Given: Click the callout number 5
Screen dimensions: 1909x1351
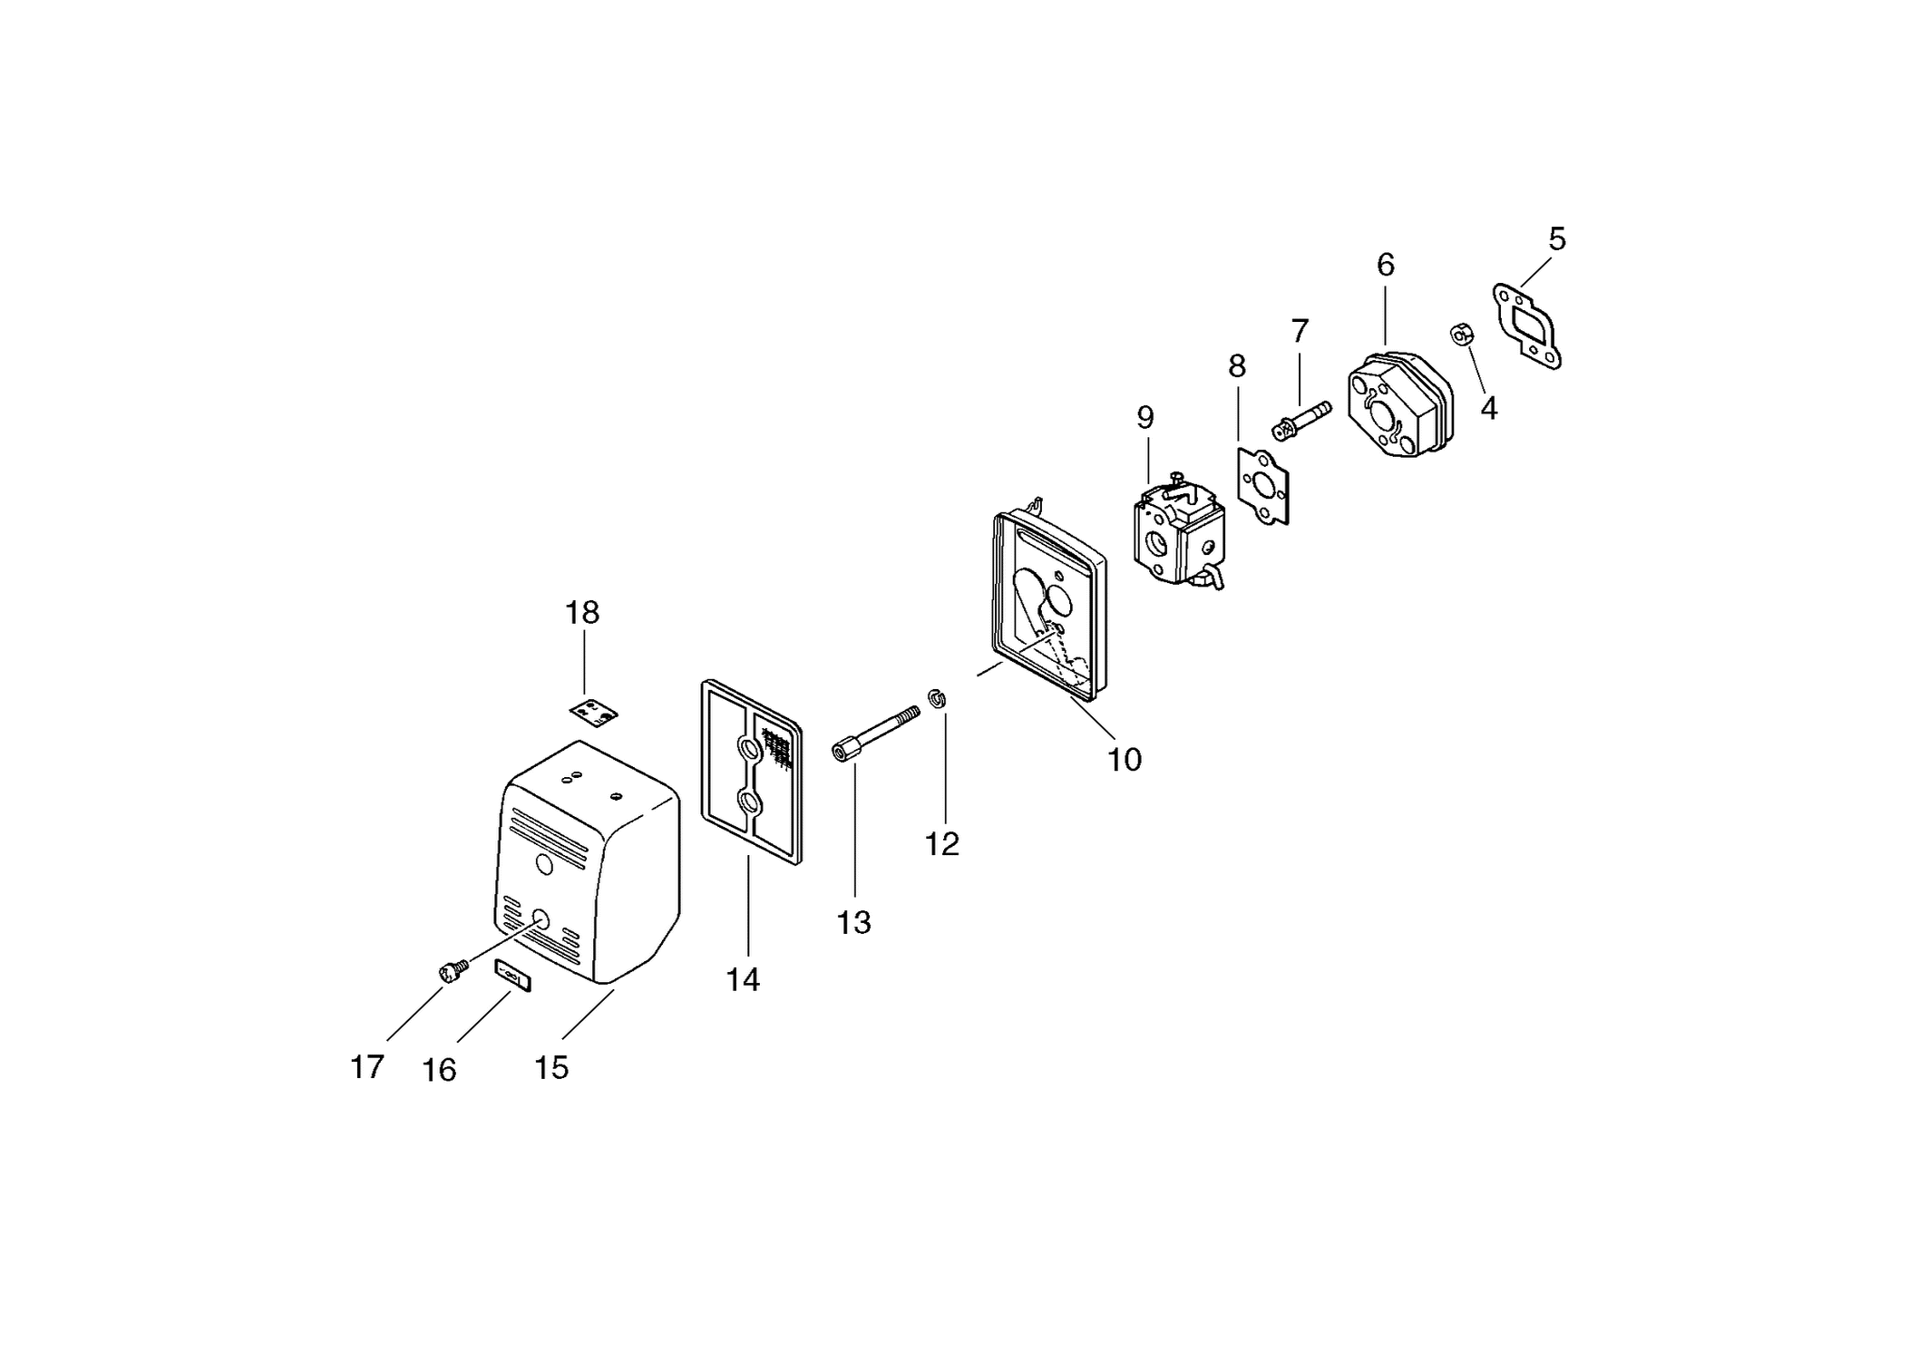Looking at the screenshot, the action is (x=1556, y=239).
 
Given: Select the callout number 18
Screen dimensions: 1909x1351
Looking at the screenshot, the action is (x=582, y=613).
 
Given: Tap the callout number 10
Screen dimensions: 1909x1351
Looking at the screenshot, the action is (x=1125, y=760).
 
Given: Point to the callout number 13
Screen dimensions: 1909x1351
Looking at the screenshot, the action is (x=853, y=923).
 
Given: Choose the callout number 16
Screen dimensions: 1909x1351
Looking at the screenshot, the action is (x=439, y=1071).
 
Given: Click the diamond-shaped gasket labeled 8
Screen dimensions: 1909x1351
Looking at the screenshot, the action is (x=1263, y=484).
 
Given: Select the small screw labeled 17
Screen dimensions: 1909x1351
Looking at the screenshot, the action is (x=453, y=971).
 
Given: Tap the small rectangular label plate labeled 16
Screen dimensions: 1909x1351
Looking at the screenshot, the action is (x=513, y=977).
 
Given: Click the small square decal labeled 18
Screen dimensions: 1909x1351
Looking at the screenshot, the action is (x=594, y=712).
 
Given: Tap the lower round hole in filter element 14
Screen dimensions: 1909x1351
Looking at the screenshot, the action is (x=750, y=802).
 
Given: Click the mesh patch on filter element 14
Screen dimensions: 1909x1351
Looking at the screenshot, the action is (x=777, y=748).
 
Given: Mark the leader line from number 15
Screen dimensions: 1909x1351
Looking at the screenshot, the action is (x=589, y=1014).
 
